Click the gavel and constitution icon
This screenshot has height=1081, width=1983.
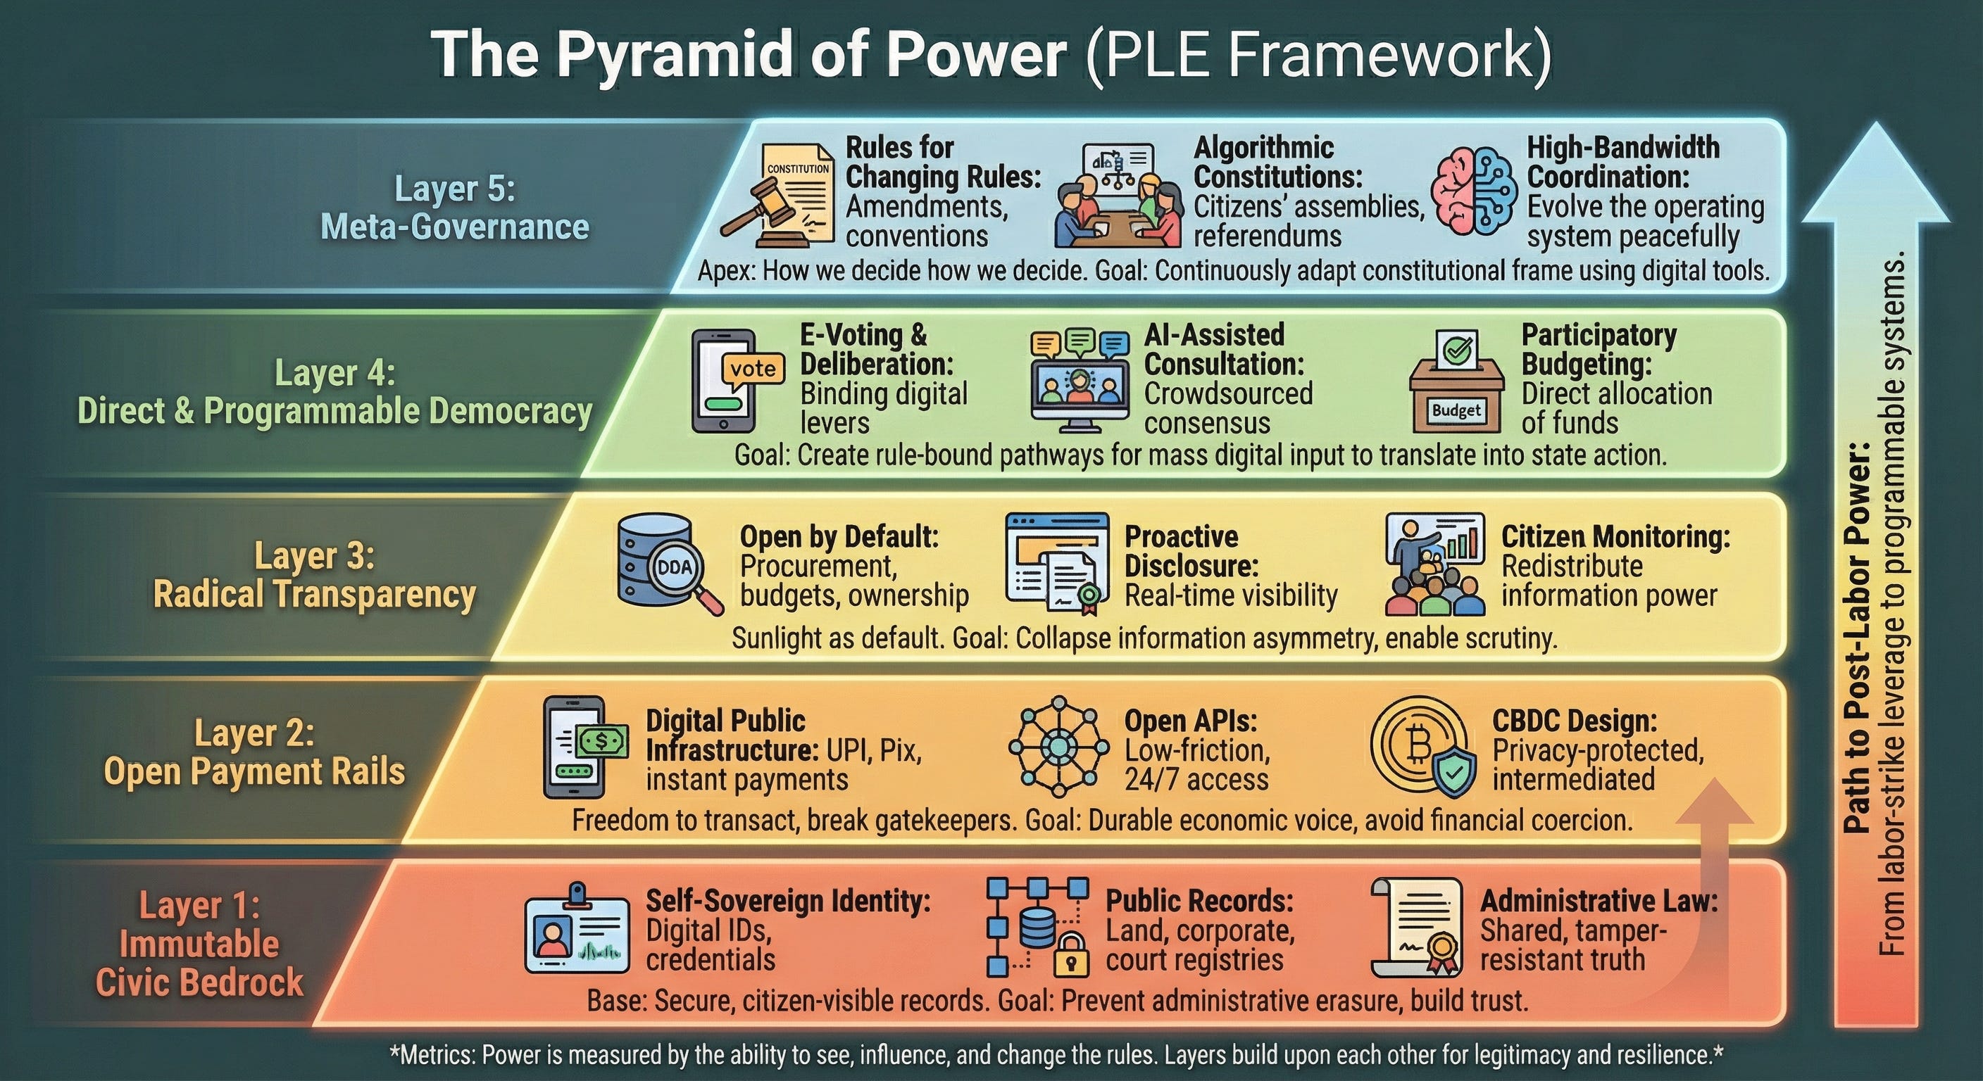pyautogui.click(x=777, y=196)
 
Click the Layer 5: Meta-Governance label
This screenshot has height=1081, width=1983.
pyautogui.click(x=454, y=208)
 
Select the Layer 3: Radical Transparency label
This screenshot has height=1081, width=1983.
pyautogui.click(x=314, y=575)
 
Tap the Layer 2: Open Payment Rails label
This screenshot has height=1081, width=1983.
pyautogui.click(x=254, y=752)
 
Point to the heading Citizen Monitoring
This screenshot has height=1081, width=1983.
pyautogui.click(x=1615, y=536)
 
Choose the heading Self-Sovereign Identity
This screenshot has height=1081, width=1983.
pyautogui.click(x=787, y=900)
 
